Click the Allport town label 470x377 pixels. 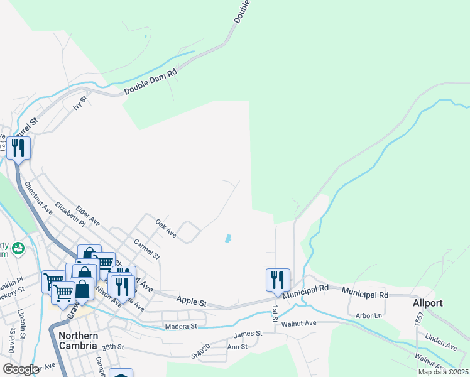[428, 303]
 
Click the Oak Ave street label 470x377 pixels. [166, 228]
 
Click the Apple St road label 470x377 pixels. [192, 302]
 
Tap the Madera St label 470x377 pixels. [181, 326]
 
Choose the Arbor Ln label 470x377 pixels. [369, 315]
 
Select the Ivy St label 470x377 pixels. [79, 103]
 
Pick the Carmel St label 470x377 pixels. [146, 249]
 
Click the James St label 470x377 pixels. [248, 334]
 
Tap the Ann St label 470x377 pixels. [237, 347]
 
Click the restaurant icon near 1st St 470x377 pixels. [278, 279]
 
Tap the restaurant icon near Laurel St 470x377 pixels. [18, 148]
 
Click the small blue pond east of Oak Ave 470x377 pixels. [227, 239]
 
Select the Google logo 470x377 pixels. [20, 369]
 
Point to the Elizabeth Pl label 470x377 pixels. [70, 214]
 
